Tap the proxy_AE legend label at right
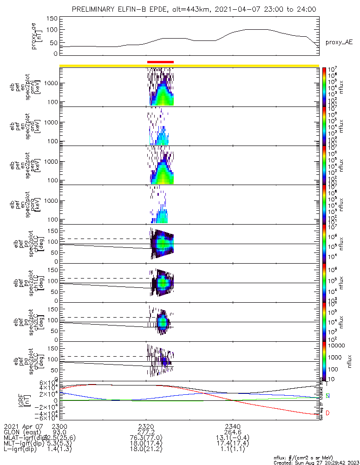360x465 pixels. (339, 42)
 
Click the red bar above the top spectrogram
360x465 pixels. (160, 61)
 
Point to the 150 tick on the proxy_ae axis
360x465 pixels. (52, 18)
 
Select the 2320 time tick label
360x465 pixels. (146, 426)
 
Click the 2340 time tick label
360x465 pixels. (233, 426)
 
